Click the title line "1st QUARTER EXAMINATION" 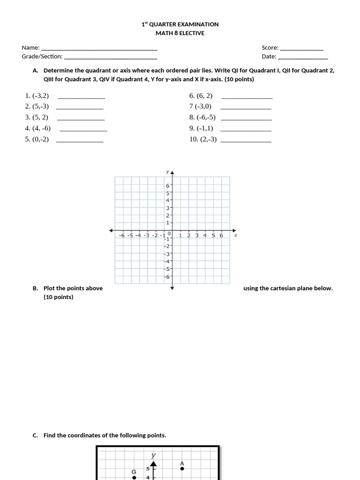pos(180,24)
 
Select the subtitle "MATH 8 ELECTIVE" pos(180,33)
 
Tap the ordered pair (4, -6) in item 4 pos(42,128)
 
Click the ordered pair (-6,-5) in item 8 pos(206,117)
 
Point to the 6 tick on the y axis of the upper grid pos(167,186)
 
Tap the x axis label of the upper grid pos(235,235)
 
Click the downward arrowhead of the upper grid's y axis pos(172,288)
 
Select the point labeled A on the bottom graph pos(182,468)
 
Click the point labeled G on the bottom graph pos(134,477)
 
